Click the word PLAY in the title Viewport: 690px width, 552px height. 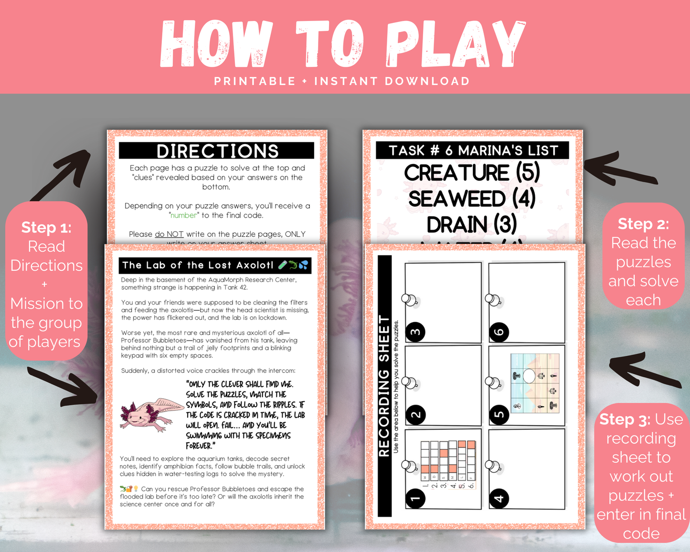(x=456, y=44)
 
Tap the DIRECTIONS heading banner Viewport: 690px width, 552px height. (x=217, y=151)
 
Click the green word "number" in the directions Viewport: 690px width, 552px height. (x=184, y=215)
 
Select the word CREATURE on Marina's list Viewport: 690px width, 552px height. (x=456, y=173)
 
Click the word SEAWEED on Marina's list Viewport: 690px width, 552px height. (x=456, y=199)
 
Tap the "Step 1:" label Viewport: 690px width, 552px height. (x=46, y=227)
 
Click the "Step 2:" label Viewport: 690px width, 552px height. (x=643, y=223)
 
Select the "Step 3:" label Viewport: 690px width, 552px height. (x=625, y=419)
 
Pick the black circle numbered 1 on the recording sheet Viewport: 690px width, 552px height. (x=415, y=499)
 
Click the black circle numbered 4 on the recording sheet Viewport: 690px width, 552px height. (x=499, y=499)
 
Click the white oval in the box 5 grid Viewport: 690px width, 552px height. (x=529, y=376)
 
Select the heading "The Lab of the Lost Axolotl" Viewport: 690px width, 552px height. (x=198, y=265)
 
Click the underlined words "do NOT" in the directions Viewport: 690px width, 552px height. (x=169, y=234)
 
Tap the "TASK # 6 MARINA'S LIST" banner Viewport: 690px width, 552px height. (x=473, y=150)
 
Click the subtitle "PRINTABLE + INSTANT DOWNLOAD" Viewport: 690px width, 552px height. (x=342, y=81)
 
